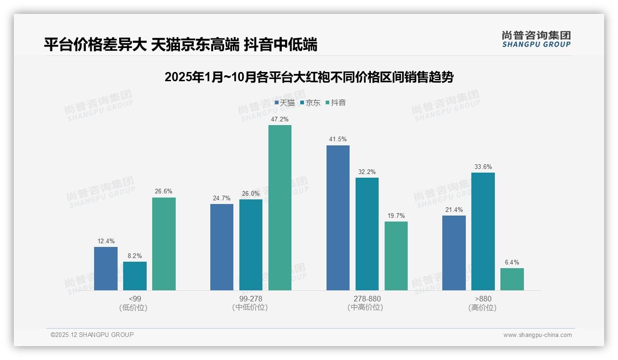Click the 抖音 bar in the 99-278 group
point(280,208)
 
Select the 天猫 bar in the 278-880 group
point(338,218)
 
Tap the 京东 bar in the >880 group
point(483,231)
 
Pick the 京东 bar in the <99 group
point(135,276)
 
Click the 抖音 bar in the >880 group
point(512,279)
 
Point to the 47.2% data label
point(280,119)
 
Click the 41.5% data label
point(338,139)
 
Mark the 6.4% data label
point(512,262)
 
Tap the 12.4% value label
point(106,241)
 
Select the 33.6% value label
point(483,167)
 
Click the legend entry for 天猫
point(285,103)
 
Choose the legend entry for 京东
point(310,103)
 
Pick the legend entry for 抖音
point(336,103)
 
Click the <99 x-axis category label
point(135,299)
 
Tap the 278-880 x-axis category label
point(367,299)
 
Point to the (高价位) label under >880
point(483,307)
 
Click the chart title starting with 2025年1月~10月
point(309,77)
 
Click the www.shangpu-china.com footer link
point(537,335)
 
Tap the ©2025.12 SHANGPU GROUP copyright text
point(92,335)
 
